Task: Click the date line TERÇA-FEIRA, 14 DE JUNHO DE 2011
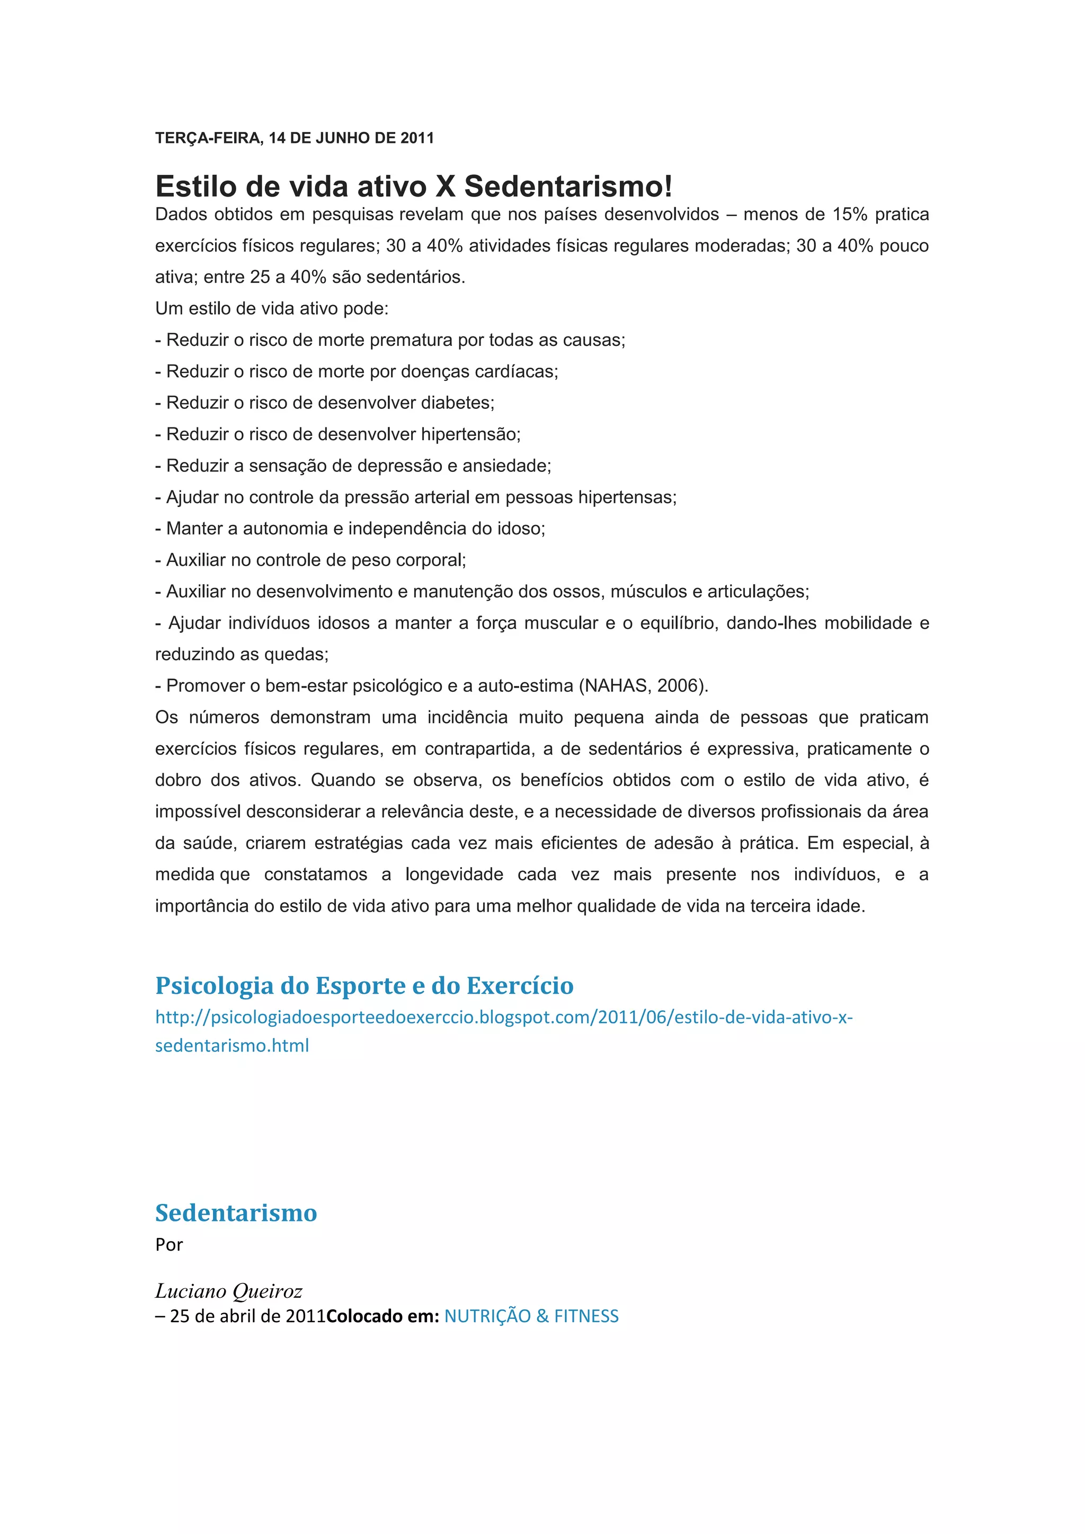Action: pyautogui.click(x=294, y=138)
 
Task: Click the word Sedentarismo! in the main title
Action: pyautogui.click(x=568, y=186)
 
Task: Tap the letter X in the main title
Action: pyautogui.click(x=445, y=186)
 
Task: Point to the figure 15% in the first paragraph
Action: pyautogui.click(x=849, y=215)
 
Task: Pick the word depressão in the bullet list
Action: pyautogui.click(x=399, y=466)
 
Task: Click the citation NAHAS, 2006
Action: pyautogui.click(x=643, y=686)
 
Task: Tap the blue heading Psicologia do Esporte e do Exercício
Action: pyautogui.click(x=364, y=985)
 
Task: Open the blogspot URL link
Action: pyautogui.click(x=504, y=1018)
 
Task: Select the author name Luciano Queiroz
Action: pyautogui.click(x=228, y=1291)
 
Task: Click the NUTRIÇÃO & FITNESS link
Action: pyautogui.click(x=531, y=1316)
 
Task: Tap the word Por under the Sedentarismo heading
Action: pyautogui.click(x=169, y=1245)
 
